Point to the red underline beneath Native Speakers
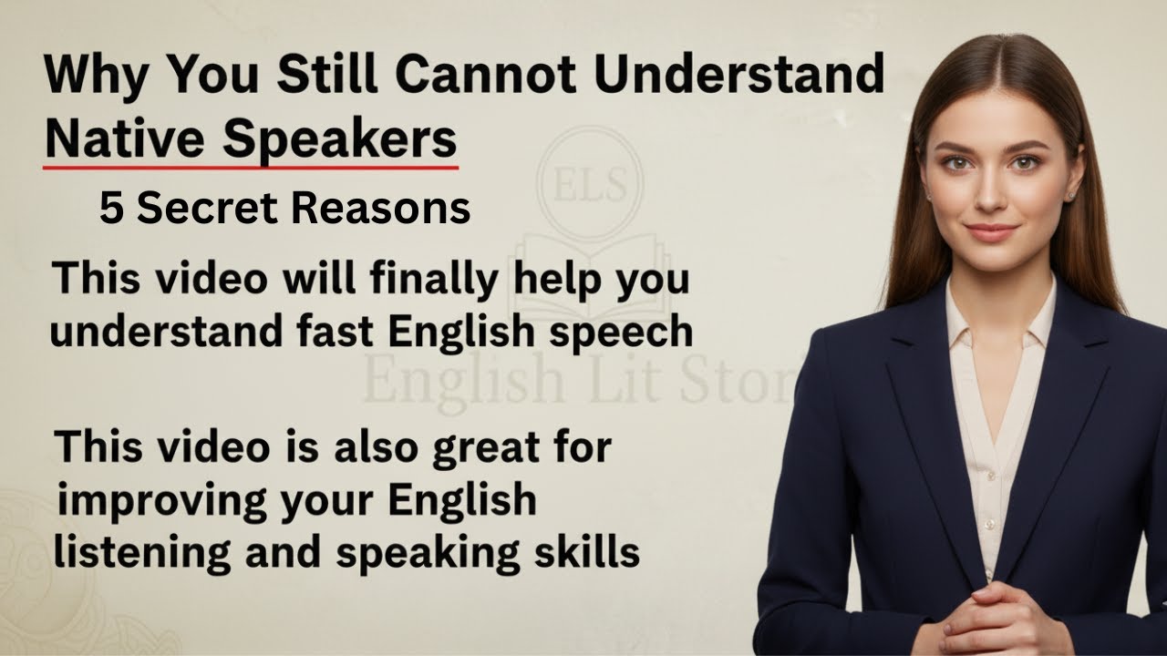[x=251, y=168]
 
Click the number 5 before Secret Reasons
[x=110, y=210]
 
